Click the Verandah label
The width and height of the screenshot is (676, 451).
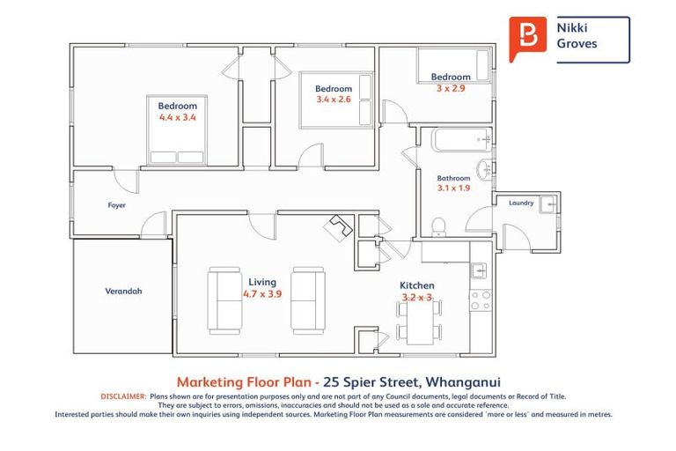point(124,291)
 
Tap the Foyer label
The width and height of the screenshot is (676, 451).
point(117,205)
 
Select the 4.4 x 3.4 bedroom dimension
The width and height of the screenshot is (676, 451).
point(177,117)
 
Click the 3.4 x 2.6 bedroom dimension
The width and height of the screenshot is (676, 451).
point(334,100)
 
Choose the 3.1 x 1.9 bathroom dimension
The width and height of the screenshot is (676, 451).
point(453,188)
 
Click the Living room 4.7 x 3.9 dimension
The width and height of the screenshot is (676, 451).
point(262,294)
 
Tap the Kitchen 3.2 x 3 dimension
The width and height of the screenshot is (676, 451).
point(416,298)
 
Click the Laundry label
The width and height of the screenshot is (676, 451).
point(521,203)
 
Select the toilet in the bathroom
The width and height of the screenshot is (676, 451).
point(439,227)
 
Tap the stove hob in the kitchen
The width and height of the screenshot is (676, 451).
point(481,300)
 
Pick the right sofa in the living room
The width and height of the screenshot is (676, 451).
point(308,299)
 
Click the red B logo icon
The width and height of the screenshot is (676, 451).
point(528,36)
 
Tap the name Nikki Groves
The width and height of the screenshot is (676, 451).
point(577,36)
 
